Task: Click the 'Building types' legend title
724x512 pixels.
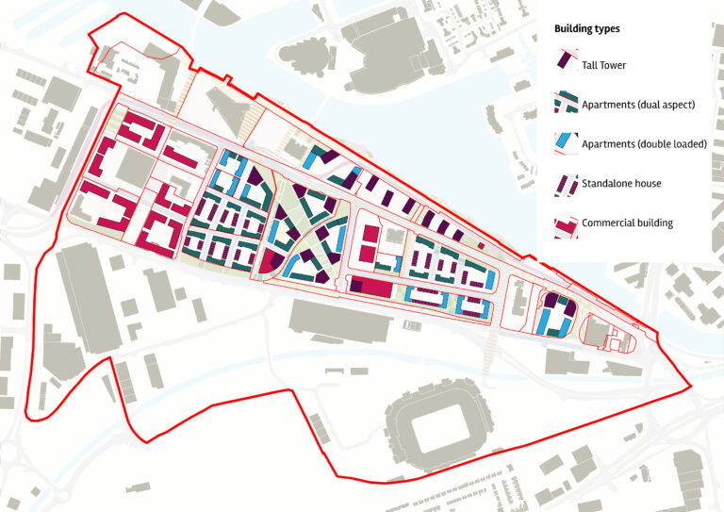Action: point(586,29)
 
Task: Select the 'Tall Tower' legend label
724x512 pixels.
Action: point(603,65)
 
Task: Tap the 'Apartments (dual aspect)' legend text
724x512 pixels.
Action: point(638,104)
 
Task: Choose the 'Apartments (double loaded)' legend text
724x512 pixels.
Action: point(644,143)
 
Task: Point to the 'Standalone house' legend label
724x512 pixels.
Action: point(621,183)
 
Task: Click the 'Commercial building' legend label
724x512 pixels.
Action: point(627,223)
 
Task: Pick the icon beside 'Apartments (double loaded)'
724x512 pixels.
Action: point(565,140)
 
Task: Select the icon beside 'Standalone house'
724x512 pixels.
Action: point(565,183)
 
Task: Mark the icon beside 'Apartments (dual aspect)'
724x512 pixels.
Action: point(565,101)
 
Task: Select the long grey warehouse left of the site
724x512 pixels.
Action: point(89,292)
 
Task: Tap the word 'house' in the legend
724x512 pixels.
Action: point(645,183)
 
